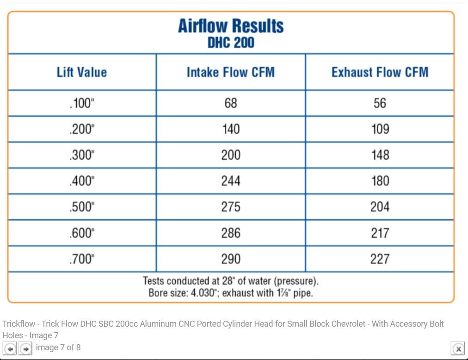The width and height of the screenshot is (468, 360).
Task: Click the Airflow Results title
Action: pyautogui.click(x=231, y=26)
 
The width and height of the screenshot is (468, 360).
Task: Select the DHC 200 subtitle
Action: pyautogui.click(x=231, y=43)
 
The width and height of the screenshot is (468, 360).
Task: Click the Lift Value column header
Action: pyautogui.click(x=82, y=72)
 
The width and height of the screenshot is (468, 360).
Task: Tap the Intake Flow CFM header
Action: pyautogui.click(x=231, y=72)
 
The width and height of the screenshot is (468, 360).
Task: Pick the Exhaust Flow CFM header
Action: pyautogui.click(x=380, y=72)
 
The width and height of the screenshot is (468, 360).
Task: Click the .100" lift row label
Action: pyautogui.click(x=82, y=103)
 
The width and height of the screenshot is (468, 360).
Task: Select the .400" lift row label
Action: pyautogui.click(x=82, y=181)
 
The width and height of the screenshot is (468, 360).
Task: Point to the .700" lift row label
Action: pyautogui.click(x=82, y=259)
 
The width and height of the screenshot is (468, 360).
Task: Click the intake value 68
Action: pyautogui.click(x=231, y=103)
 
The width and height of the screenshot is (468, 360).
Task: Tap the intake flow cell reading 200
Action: pyautogui.click(x=231, y=155)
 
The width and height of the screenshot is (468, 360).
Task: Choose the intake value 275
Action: pyautogui.click(x=231, y=207)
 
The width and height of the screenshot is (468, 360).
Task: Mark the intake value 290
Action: pyautogui.click(x=231, y=259)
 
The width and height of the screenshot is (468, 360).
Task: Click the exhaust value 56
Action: pyautogui.click(x=380, y=103)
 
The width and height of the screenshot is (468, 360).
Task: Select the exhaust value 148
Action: pyautogui.click(x=380, y=155)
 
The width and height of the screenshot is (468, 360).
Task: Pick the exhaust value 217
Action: pyautogui.click(x=380, y=233)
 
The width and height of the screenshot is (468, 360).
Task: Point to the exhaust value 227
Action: pyautogui.click(x=380, y=259)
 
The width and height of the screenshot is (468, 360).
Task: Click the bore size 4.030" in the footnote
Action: pyautogui.click(x=204, y=293)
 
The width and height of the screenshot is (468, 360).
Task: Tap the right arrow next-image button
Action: pyautogui.click(x=26, y=348)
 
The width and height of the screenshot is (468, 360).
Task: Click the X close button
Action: pyautogui.click(x=457, y=348)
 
